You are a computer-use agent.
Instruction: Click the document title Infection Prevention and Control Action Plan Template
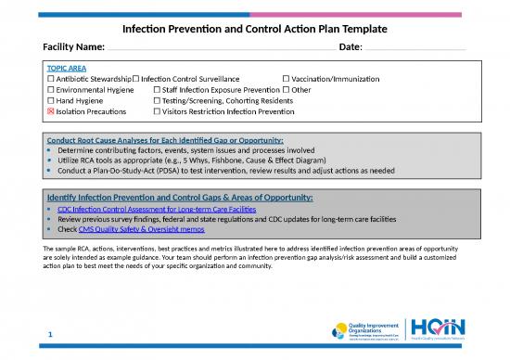click(254, 30)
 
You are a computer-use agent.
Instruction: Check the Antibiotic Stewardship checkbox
click(51, 80)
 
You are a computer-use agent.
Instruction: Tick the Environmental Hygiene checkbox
click(51, 90)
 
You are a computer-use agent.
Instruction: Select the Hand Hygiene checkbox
click(51, 101)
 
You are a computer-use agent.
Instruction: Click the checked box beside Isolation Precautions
click(51, 112)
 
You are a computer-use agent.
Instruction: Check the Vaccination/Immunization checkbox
click(286, 80)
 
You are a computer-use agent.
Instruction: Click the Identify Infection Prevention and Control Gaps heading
click(180, 198)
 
